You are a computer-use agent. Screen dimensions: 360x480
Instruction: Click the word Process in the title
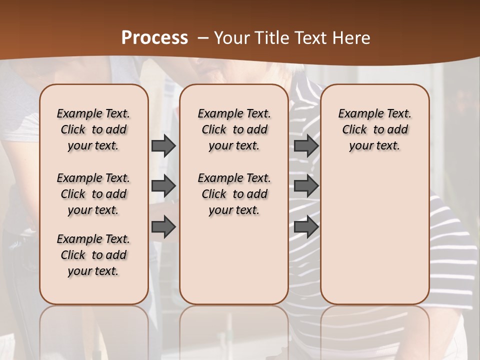click(154, 37)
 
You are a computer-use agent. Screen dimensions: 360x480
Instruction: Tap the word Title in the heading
click(269, 37)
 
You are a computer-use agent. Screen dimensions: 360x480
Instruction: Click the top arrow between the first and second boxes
click(163, 145)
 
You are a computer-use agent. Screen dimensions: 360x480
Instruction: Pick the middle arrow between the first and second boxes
click(163, 186)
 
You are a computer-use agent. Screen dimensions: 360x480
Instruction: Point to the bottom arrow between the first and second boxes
click(163, 227)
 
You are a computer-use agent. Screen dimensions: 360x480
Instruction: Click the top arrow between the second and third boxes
click(306, 145)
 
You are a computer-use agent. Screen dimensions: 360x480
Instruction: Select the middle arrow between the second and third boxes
click(306, 186)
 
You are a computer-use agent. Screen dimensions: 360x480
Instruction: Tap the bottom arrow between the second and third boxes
click(306, 227)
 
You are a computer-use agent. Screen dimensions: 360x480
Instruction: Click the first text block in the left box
click(93, 129)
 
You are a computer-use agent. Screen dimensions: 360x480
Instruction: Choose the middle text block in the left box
click(93, 194)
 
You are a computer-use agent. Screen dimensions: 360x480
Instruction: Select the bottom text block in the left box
click(93, 255)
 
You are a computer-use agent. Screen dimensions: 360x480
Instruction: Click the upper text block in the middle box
click(234, 129)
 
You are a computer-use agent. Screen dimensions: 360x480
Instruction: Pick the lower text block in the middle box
click(234, 194)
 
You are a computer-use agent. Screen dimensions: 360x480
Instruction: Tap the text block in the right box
click(374, 129)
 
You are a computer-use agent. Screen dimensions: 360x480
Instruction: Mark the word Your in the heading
click(232, 37)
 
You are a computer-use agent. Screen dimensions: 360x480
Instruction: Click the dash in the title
click(203, 37)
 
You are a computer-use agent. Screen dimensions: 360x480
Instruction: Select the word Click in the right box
click(354, 130)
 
